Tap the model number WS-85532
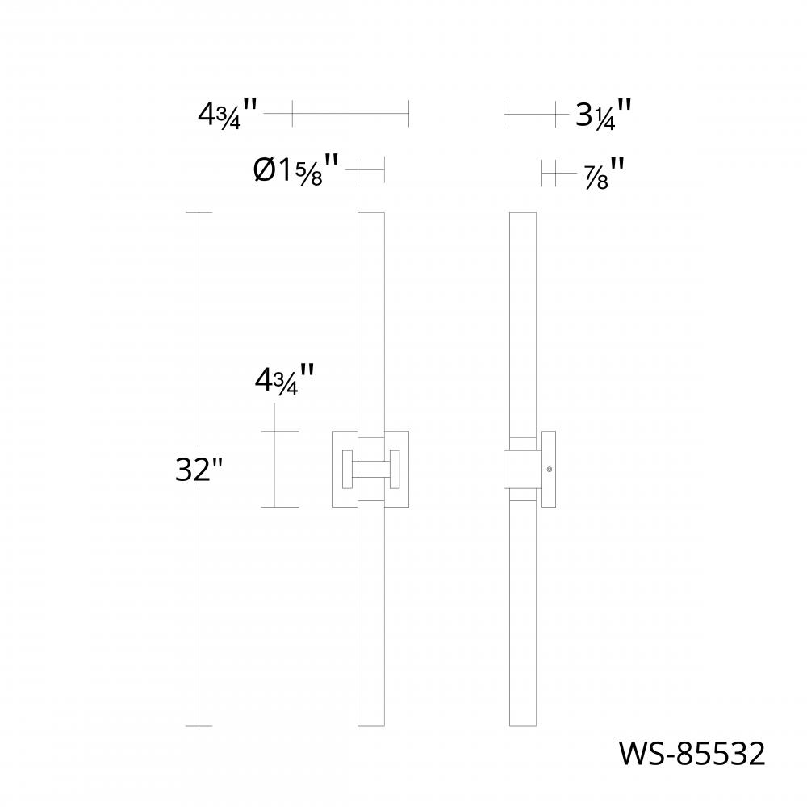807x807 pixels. pyautogui.click(x=691, y=754)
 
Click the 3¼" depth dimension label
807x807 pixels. pyautogui.click(x=602, y=115)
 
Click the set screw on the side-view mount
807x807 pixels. pyautogui.click(x=550, y=470)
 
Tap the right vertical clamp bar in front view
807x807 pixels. pyautogui.click(x=396, y=470)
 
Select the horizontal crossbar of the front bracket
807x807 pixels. pyautogui.click(x=371, y=470)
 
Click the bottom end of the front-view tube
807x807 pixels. pyautogui.click(x=371, y=724)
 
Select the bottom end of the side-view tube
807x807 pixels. pyautogui.click(x=523, y=724)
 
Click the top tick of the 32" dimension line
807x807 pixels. pyautogui.click(x=199, y=213)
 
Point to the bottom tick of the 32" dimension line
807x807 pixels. pyautogui.click(x=199, y=726)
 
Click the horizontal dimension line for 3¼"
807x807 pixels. pyautogui.click(x=529, y=115)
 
